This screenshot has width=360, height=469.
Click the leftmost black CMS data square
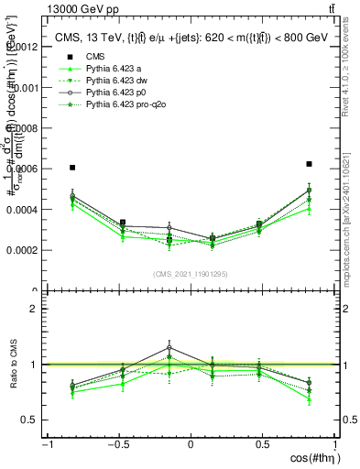(x=72, y=168)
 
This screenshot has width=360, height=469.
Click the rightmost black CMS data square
(x=310, y=164)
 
